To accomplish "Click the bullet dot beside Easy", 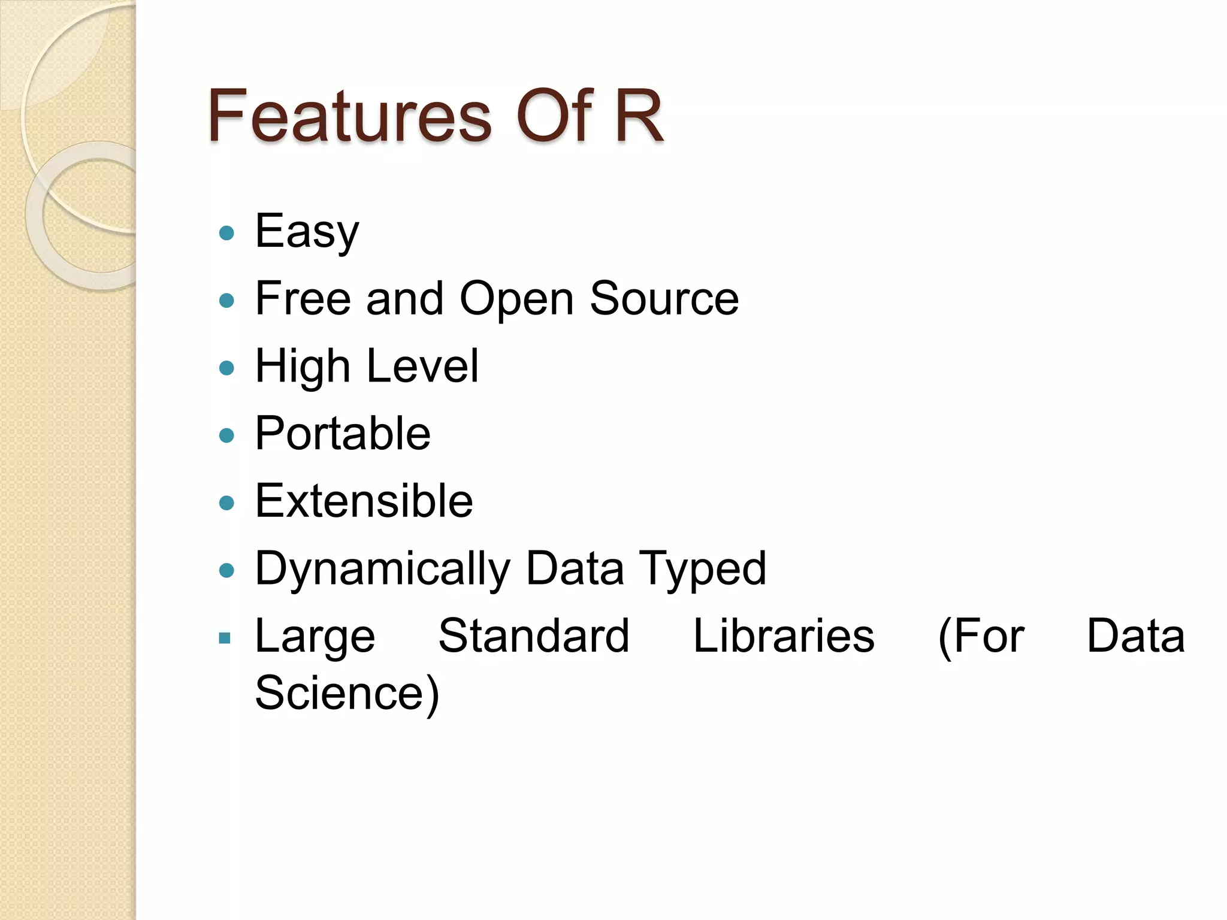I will (x=226, y=232).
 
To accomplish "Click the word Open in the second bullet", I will (x=516, y=299).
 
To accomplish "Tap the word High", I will (x=303, y=367).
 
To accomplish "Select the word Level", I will (x=422, y=366).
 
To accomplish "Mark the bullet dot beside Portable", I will (x=226, y=435).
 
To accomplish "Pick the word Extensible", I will (x=364, y=501).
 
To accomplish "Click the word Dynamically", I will (x=383, y=569).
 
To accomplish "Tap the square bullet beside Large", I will (x=225, y=638).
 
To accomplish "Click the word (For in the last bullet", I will (x=981, y=636).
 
